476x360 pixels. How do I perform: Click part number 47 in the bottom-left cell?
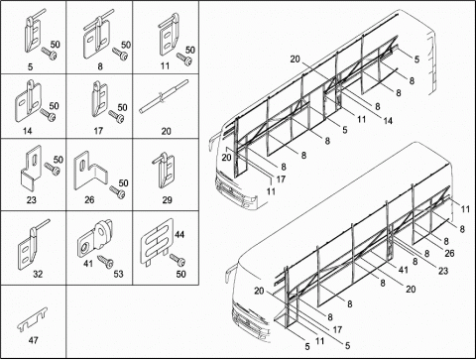34,340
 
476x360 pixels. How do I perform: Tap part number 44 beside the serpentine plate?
179,235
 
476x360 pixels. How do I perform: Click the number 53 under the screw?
118,274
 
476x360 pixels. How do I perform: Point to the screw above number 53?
105,261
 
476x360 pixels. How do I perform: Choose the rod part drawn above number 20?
164,97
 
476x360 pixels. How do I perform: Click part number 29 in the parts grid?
167,200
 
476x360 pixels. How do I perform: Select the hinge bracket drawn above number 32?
33,245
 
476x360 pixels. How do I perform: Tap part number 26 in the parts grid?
89,199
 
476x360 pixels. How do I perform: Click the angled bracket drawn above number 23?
31,169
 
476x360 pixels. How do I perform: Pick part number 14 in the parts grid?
28,131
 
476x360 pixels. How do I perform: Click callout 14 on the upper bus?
388,121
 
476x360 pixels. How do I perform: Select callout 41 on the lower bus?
403,270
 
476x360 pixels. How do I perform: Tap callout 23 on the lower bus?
443,271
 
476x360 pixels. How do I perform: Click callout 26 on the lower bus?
449,254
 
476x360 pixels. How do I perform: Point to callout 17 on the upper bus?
281,180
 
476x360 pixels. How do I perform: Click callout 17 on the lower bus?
337,329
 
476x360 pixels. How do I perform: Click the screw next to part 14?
48,115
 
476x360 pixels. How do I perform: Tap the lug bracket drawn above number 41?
95,239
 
